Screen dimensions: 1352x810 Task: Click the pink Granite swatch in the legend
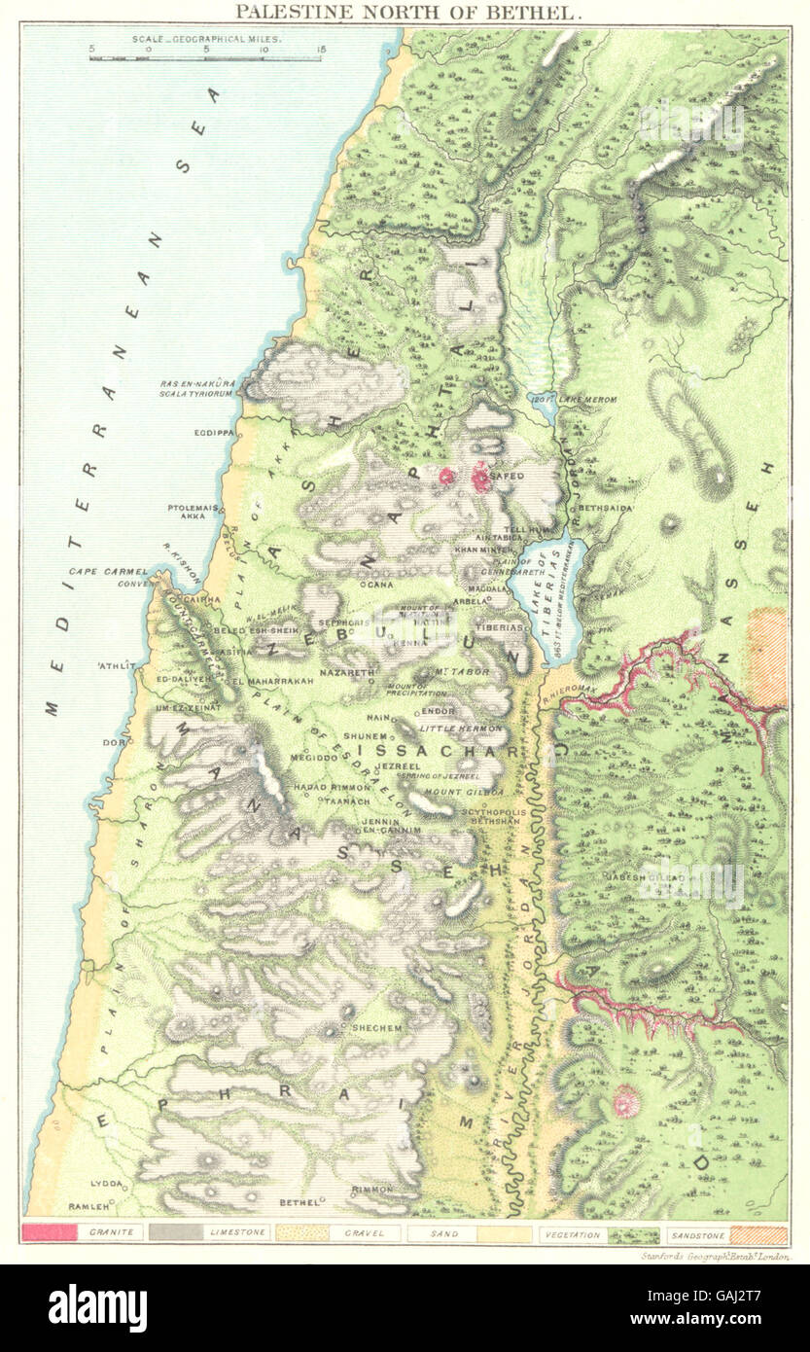(x=48, y=1232)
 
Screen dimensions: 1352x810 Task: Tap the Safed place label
(x=511, y=476)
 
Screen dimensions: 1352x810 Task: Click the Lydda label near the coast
(x=105, y=1184)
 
